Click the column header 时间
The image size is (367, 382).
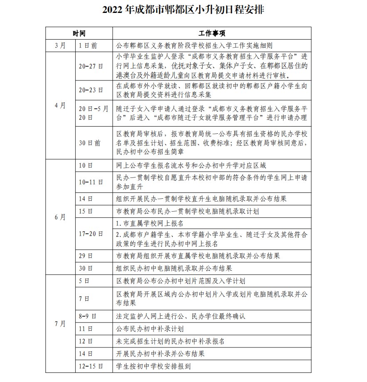coord(79,33)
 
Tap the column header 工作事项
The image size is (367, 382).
coord(212,33)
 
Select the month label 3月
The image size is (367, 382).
coord(60,45)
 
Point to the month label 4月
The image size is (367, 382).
coord(60,105)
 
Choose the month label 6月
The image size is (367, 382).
coord(60,217)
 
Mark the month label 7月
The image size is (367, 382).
coord(60,324)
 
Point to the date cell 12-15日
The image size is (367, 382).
coord(90,366)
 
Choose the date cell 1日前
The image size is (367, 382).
coord(87,45)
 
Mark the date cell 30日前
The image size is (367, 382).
coord(89,143)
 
